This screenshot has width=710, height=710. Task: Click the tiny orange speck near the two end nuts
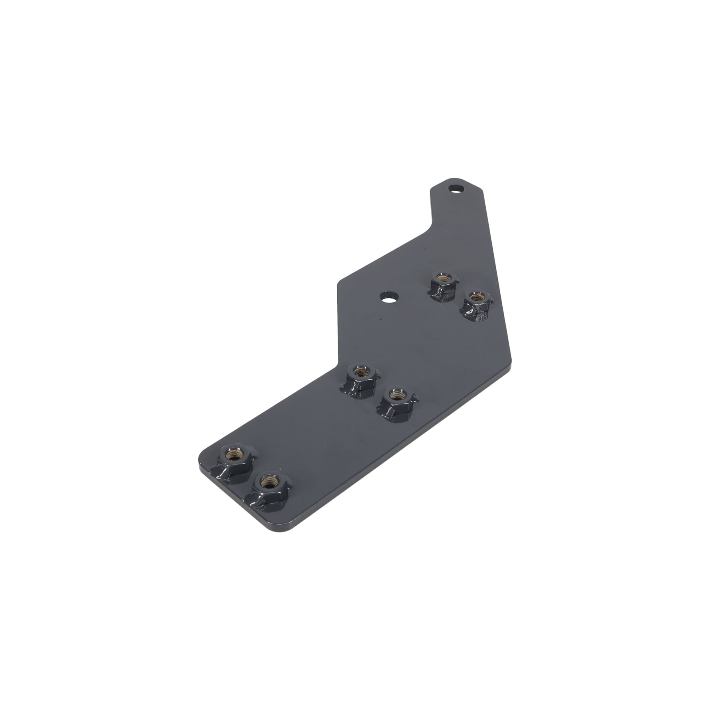(282, 470)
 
